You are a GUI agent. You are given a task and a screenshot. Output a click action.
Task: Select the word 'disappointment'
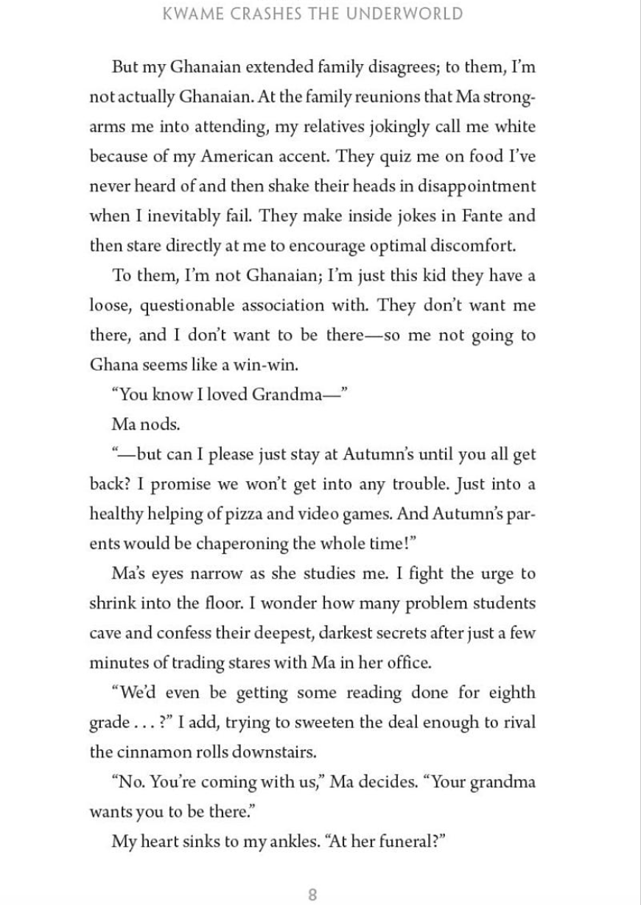pos(473,186)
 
